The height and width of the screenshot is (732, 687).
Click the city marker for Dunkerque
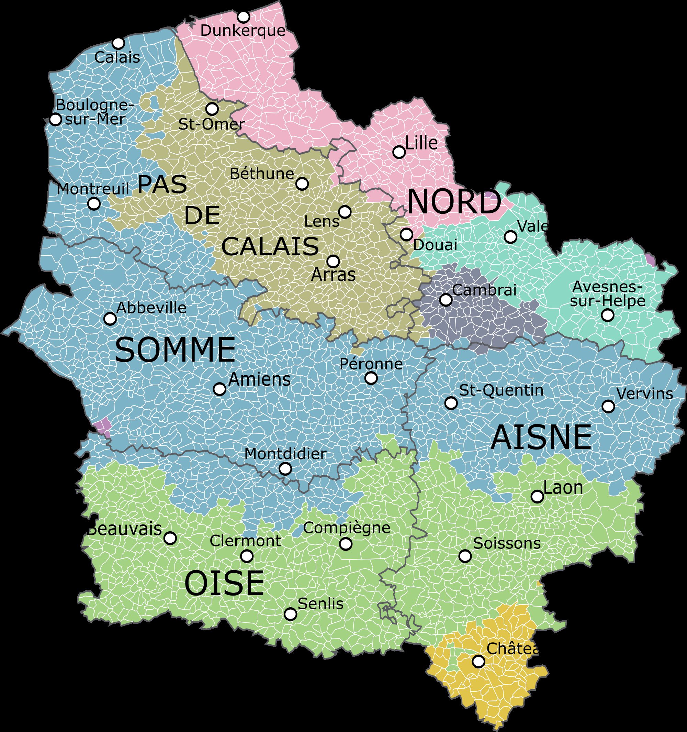tap(243, 17)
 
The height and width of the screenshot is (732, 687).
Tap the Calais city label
tap(117, 57)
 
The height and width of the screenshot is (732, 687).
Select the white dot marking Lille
tap(399, 152)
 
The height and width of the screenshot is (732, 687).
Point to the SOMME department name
tap(175, 350)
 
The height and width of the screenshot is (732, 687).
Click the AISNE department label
tap(541, 437)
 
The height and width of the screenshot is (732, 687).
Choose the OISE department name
tap(224, 583)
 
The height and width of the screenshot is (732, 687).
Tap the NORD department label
tap(454, 202)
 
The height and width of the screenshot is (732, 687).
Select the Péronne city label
tap(371, 364)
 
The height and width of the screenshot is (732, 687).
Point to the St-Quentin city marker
tap(451, 403)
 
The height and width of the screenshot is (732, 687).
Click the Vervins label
tap(644, 393)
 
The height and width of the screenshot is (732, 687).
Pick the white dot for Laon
tap(537, 497)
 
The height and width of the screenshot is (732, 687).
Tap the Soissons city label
tap(507, 543)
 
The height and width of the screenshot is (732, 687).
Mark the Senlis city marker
tap(290, 614)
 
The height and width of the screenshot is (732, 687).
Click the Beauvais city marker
tap(170, 538)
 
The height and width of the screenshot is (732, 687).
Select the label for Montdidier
tap(285, 454)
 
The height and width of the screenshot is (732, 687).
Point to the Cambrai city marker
tap(446, 300)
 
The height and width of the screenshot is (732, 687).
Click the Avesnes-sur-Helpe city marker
tap(608, 315)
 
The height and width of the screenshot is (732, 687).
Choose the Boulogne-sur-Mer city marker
tap(56, 119)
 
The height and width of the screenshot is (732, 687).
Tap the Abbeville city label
tap(151, 308)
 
